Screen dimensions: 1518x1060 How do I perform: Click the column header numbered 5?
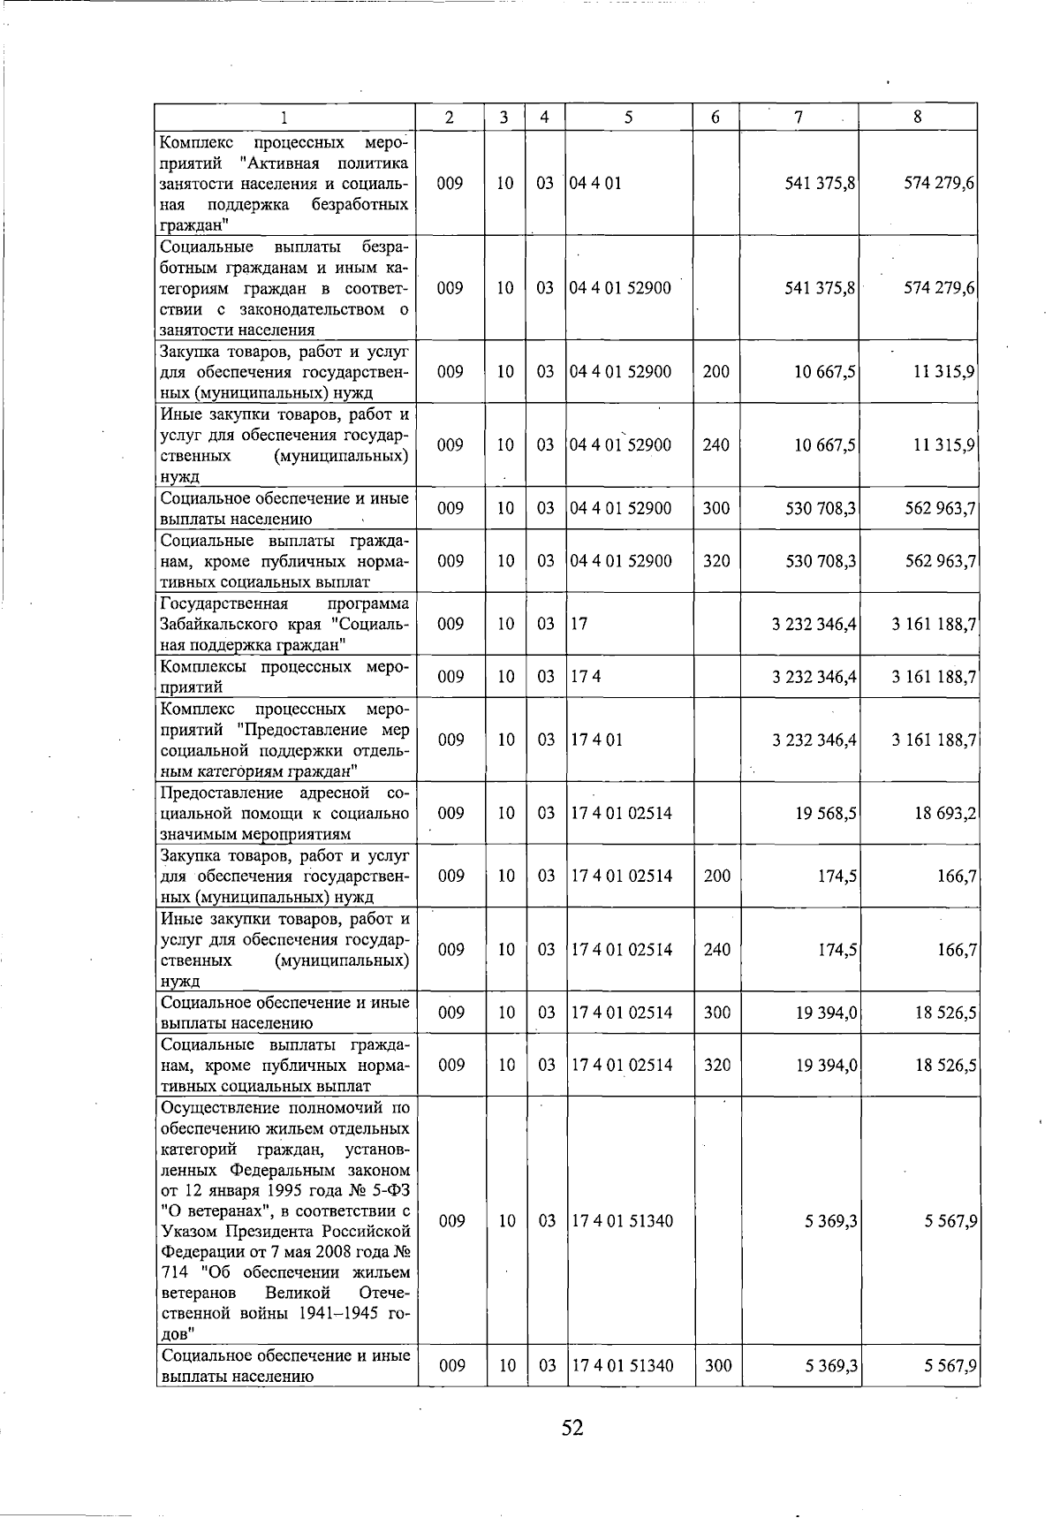(628, 117)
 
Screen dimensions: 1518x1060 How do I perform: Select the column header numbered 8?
(918, 117)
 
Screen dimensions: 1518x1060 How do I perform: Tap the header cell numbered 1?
(284, 117)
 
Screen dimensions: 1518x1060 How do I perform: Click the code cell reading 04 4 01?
(596, 183)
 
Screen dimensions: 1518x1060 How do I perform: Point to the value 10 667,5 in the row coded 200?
(825, 372)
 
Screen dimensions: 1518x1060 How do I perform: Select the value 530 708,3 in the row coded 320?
(821, 561)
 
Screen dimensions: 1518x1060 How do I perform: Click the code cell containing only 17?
(579, 624)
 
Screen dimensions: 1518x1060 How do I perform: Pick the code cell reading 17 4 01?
(597, 740)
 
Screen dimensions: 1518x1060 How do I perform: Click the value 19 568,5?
(825, 813)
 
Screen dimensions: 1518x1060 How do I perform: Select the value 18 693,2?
(944, 813)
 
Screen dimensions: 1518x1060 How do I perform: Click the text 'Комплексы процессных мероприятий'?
(284, 677)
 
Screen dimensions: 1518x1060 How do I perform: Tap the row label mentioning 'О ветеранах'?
(284, 1220)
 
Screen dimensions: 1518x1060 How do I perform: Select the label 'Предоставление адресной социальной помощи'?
(284, 813)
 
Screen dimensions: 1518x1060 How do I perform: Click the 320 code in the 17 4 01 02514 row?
(717, 1066)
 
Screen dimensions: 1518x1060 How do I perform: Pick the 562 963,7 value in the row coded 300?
(939, 509)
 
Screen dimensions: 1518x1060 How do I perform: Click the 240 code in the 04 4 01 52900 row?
(715, 445)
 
